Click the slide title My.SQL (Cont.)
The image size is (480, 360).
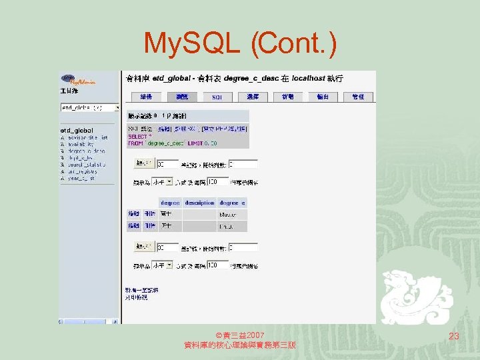(x=240, y=44)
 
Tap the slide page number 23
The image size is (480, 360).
(x=454, y=337)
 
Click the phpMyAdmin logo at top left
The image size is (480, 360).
(x=79, y=79)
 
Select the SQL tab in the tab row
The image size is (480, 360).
(x=217, y=97)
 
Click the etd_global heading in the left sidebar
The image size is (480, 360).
(x=77, y=130)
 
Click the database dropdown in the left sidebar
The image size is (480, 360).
(x=89, y=107)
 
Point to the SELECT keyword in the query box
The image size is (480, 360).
(x=138, y=137)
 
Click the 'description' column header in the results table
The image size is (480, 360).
(x=199, y=203)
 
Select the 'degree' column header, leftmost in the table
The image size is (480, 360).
(x=170, y=203)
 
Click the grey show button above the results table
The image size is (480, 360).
(x=143, y=163)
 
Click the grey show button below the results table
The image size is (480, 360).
(x=143, y=247)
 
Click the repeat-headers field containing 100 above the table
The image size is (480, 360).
(x=218, y=181)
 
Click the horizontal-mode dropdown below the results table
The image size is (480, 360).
(x=162, y=265)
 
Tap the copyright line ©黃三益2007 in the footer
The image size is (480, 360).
(x=240, y=334)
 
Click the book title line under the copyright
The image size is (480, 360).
(x=240, y=345)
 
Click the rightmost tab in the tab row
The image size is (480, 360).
(x=358, y=97)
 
